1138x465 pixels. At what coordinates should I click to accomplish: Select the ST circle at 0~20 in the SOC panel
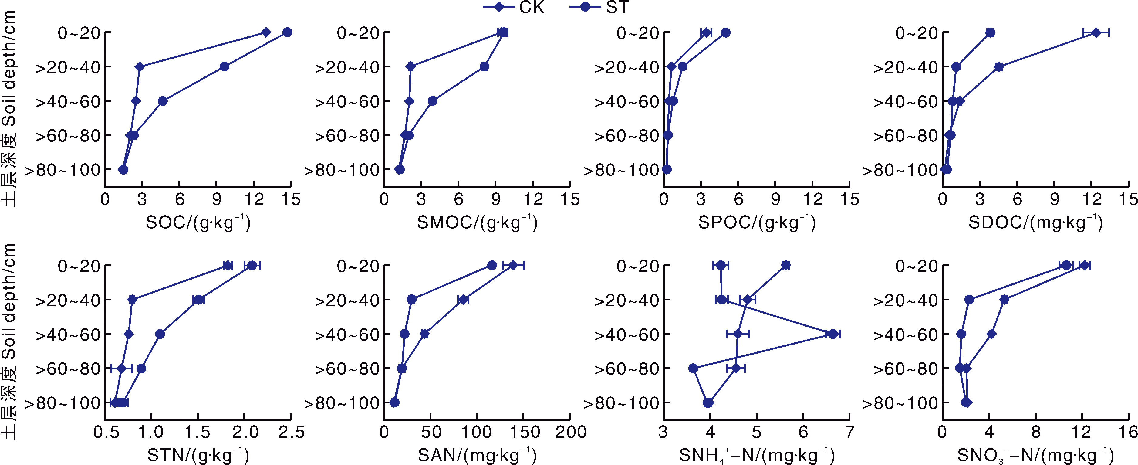coord(287,32)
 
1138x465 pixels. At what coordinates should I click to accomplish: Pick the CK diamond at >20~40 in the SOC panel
coord(140,67)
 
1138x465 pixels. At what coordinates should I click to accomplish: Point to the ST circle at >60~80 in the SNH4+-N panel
coord(693,368)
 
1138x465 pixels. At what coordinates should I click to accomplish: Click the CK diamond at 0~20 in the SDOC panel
coord(1096,32)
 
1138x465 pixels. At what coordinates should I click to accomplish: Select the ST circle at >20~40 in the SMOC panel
coord(485,67)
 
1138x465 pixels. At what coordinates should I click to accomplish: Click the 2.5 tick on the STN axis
coord(291,432)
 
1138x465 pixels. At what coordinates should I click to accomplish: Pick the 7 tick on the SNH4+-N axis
coord(849,432)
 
